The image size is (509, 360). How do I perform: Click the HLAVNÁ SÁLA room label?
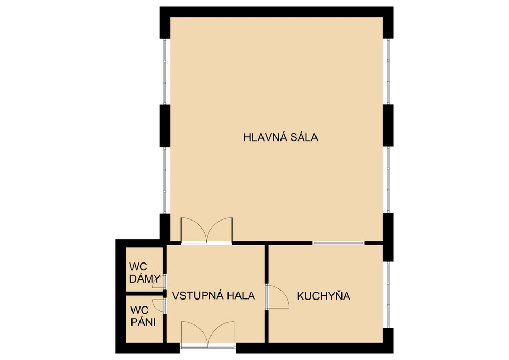[281, 137]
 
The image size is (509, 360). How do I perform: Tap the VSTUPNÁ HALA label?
[213, 296]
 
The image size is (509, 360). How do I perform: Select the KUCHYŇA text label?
[323, 296]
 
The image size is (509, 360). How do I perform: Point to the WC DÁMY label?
[144, 273]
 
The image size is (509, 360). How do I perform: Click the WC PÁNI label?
[143, 316]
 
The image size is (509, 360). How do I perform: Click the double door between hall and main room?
[206, 231]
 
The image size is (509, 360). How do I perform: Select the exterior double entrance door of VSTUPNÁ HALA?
[208, 335]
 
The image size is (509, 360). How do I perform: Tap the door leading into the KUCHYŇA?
[277, 296]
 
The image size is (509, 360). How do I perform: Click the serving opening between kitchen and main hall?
[339, 243]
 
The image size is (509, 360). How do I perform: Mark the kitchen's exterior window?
[388, 294]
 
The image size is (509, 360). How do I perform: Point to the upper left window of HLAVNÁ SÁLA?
[165, 72]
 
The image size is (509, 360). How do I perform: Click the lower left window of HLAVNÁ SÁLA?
[165, 180]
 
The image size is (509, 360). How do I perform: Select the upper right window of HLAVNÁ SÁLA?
[388, 72]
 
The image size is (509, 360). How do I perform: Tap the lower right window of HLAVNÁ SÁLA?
[388, 180]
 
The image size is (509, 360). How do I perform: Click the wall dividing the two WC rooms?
[144, 294]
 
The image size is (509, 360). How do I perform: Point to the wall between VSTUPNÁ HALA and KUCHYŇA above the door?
[267, 264]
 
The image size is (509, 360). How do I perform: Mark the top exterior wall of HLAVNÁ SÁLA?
[277, 12]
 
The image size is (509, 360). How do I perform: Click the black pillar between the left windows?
[164, 126]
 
